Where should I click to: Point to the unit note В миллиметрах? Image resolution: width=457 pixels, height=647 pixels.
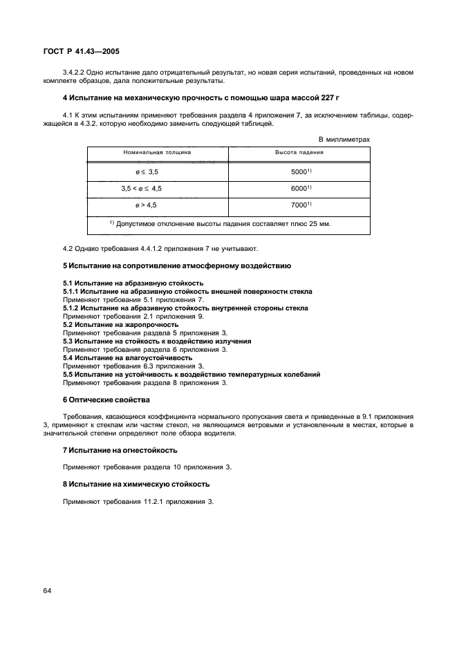pos(344,139)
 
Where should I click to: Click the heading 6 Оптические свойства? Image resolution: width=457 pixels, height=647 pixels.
pos(106,400)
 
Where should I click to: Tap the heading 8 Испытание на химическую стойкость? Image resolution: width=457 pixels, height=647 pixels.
pos(136,484)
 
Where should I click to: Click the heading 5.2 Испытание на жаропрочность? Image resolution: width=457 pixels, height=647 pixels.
pos(120,324)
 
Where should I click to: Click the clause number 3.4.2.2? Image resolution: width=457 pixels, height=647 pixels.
pos(75,73)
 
